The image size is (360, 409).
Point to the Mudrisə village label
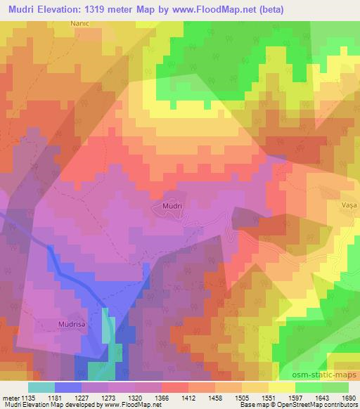tap(73, 325)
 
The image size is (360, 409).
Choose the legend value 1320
tap(143, 397)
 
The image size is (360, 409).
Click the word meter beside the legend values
tap(10, 397)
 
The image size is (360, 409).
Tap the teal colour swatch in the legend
tap(41, 386)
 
